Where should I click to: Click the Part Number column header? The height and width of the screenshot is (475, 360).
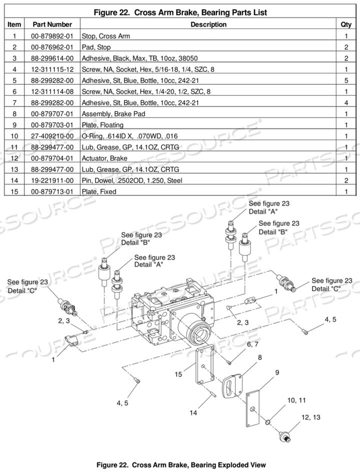click(x=52, y=24)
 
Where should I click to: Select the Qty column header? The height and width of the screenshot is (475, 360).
click(x=345, y=24)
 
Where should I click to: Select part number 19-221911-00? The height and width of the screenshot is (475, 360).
click(x=52, y=180)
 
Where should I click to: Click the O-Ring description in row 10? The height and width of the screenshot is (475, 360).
click(x=138, y=135)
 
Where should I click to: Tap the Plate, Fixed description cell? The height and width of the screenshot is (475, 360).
click(x=99, y=191)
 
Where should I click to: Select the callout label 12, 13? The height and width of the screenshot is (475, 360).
click(x=310, y=417)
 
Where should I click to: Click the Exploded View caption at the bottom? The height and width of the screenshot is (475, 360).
click(x=180, y=464)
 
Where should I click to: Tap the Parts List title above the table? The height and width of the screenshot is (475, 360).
click(x=180, y=12)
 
